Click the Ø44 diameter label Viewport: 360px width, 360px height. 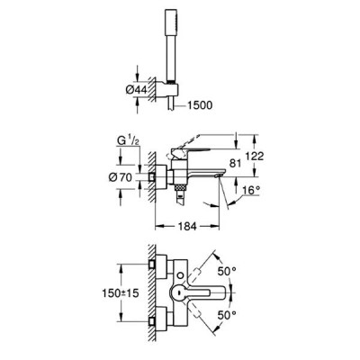tap(137, 89)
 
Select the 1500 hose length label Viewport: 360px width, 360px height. tap(200, 105)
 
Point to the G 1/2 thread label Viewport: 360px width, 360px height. tap(127, 141)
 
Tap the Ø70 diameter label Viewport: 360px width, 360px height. tap(121, 177)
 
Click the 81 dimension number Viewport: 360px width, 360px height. tap(235, 164)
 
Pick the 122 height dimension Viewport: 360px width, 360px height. tap(255, 157)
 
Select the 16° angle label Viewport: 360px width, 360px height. tap(251, 190)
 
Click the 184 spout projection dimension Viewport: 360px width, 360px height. tap(187, 226)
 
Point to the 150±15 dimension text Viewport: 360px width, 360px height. tap(121, 292)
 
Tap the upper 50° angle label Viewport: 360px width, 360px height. tap(227, 272)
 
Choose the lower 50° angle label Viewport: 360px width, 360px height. tap(227, 315)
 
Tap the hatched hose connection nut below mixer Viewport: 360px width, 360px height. tap(180, 188)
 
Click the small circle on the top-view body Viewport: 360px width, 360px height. tap(180, 275)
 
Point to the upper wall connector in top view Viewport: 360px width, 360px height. tap(161, 264)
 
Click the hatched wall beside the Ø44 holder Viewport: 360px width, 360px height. tap(152, 89)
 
